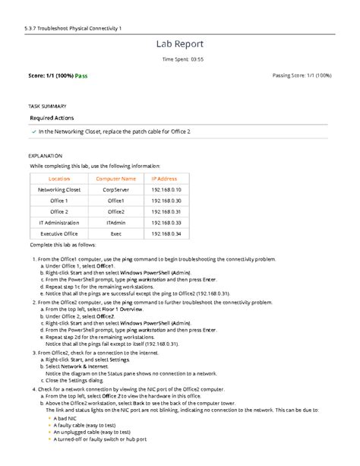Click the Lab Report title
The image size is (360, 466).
click(x=180, y=45)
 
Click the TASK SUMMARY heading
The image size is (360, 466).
click(x=47, y=106)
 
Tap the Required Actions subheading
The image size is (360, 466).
click(x=57, y=119)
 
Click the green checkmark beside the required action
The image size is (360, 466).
click(x=33, y=132)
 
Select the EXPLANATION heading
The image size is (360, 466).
click(x=45, y=154)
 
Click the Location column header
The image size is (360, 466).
click(x=58, y=178)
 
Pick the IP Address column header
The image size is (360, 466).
click(x=164, y=178)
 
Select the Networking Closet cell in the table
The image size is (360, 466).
click(x=58, y=189)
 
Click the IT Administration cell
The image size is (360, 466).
click(x=58, y=223)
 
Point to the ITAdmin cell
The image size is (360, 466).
click(x=115, y=223)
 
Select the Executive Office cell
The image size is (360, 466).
click(x=58, y=234)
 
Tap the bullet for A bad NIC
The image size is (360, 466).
click(x=49, y=417)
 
